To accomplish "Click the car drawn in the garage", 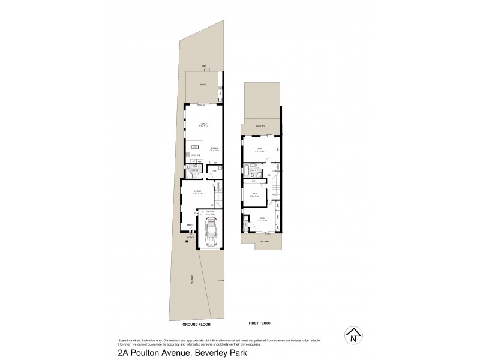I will coord(210,234).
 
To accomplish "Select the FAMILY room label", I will coord(203,124).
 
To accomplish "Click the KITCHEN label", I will coord(196,155).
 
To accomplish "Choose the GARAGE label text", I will coord(210,212).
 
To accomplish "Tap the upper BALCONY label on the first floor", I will coord(260,126).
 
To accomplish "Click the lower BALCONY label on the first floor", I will coord(265,241).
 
